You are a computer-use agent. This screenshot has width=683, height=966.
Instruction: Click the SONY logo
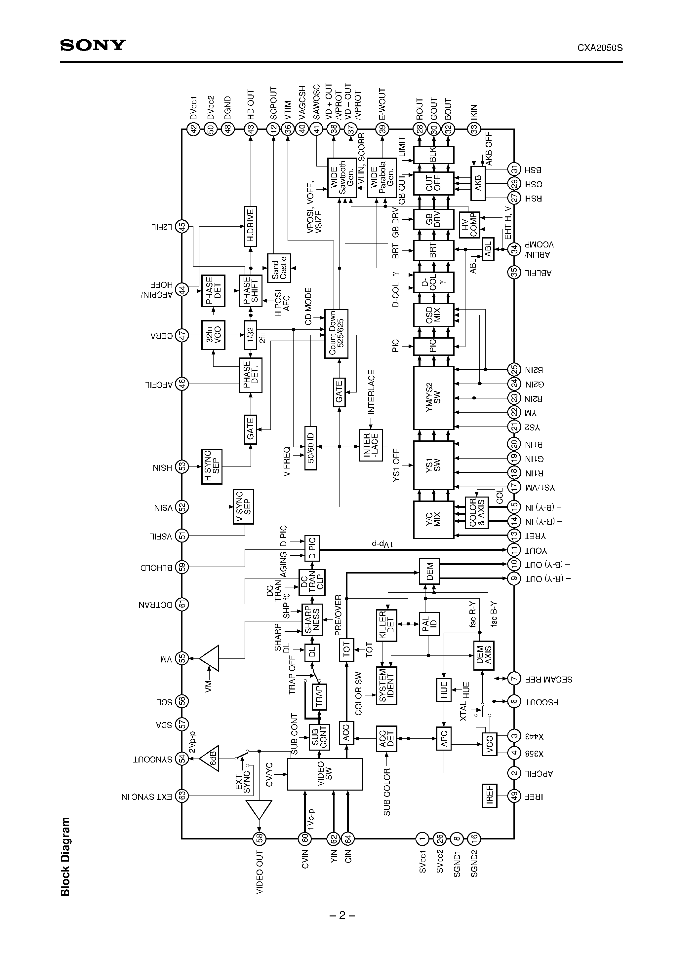pos(93,45)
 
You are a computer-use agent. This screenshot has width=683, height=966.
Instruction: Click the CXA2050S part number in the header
pos(600,48)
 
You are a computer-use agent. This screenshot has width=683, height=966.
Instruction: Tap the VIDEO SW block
pos(325,774)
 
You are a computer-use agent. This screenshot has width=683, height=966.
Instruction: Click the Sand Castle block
pos(279,268)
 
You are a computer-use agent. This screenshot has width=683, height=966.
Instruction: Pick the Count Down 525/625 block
pos(336,333)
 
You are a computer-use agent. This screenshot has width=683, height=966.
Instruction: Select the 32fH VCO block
pos(213,335)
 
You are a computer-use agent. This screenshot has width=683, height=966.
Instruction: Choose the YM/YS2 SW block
pos(433,397)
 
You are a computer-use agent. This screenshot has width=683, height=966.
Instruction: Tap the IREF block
pos(489,796)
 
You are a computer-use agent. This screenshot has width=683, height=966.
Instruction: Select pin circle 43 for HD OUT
pos(251,129)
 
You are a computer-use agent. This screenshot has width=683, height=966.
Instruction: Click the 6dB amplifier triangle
pos(210,759)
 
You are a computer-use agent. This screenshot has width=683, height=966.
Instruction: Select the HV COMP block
pos(469,224)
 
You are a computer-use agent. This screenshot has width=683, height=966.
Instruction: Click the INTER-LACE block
pos(371,445)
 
